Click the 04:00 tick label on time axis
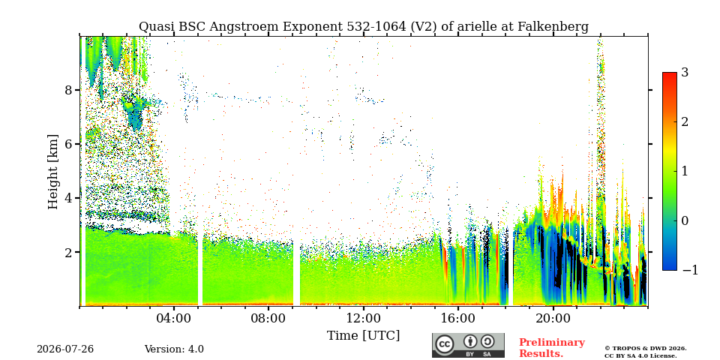click(174, 319)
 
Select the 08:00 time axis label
click(268, 319)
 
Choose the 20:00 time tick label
click(553, 319)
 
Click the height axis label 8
click(68, 90)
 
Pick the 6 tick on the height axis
click(68, 144)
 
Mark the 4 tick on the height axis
click(68, 198)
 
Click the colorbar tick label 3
click(685, 72)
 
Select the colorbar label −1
click(690, 270)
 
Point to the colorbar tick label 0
click(685, 220)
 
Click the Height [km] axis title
click(54, 172)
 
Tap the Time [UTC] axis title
click(363, 336)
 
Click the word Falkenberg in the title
click(553, 27)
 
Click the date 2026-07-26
click(65, 349)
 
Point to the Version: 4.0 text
click(174, 349)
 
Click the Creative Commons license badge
click(468, 345)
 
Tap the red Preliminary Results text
click(552, 348)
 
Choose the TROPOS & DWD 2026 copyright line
click(646, 349)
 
